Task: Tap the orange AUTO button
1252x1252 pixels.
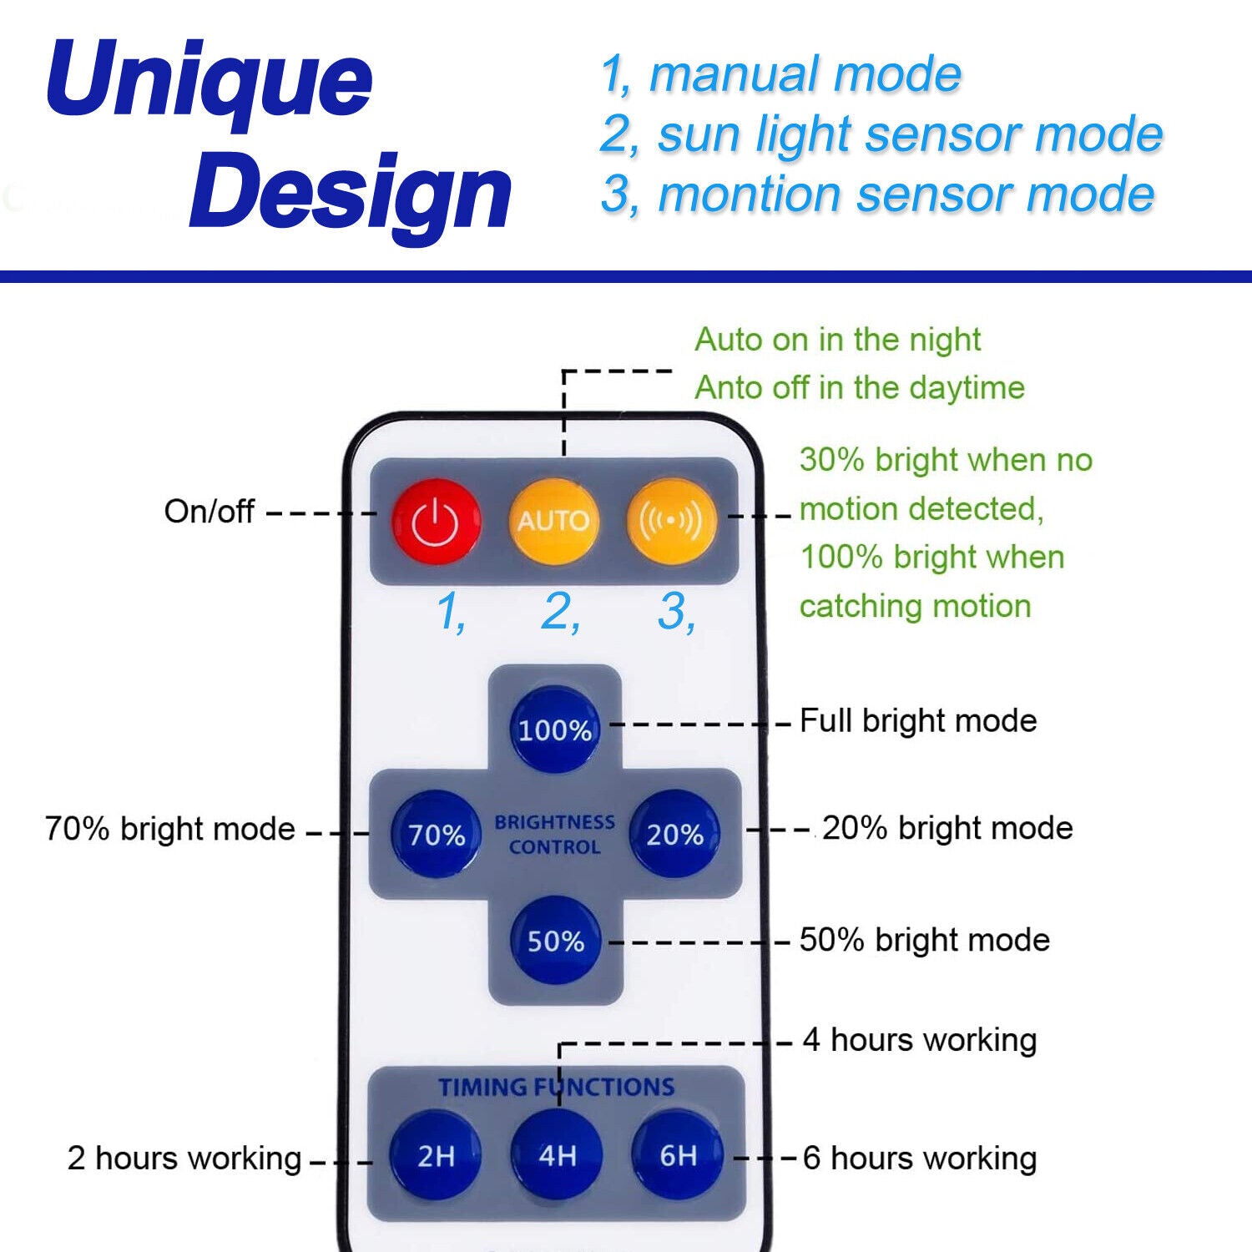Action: pos(553,521)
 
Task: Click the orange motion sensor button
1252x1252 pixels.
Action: pos(670,521)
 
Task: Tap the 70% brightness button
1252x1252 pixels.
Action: pos(436,834)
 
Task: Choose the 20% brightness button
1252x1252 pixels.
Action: pos(674,834)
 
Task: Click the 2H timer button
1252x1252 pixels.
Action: pos(436,1156)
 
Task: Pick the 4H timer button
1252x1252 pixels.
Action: pos(557,1156)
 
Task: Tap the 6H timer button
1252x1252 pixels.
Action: pos(678,1156)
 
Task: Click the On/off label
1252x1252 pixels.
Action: pos(209,512)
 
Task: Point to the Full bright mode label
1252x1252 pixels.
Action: pos(918,721)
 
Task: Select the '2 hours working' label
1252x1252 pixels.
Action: pos(184,1159)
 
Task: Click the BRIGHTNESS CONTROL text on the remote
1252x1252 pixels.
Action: pos(555,835)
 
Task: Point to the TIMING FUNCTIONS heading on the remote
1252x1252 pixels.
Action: pos(557,1087)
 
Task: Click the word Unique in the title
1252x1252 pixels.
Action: pos(210,81)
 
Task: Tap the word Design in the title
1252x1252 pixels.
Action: pos(351,194)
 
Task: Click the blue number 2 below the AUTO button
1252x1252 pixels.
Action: pos(559,612)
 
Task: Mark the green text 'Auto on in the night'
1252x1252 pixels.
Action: pos(837,340)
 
